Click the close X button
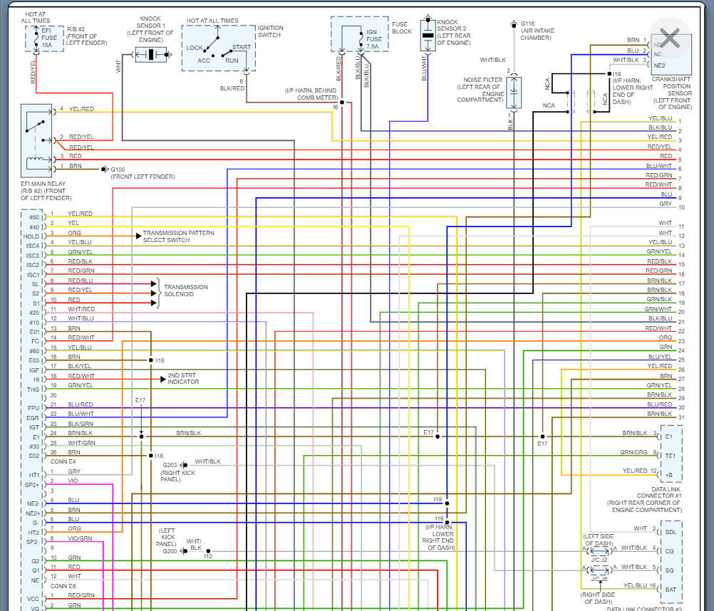click(x=670, y=39)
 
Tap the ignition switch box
click(x=218, y=48)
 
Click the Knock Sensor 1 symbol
click(x=150, y=54)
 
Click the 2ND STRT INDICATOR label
click(x=183, y=379)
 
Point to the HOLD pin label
click(x=31, y=236)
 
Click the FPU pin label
click(x=33, y=407)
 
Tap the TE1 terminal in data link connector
click(x=670, y=455)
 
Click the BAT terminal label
click(x=670, y=588)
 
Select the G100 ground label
click(x=118, y=169)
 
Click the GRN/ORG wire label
click(x=633, y=452)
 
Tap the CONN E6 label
click(x=63, y=586)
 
